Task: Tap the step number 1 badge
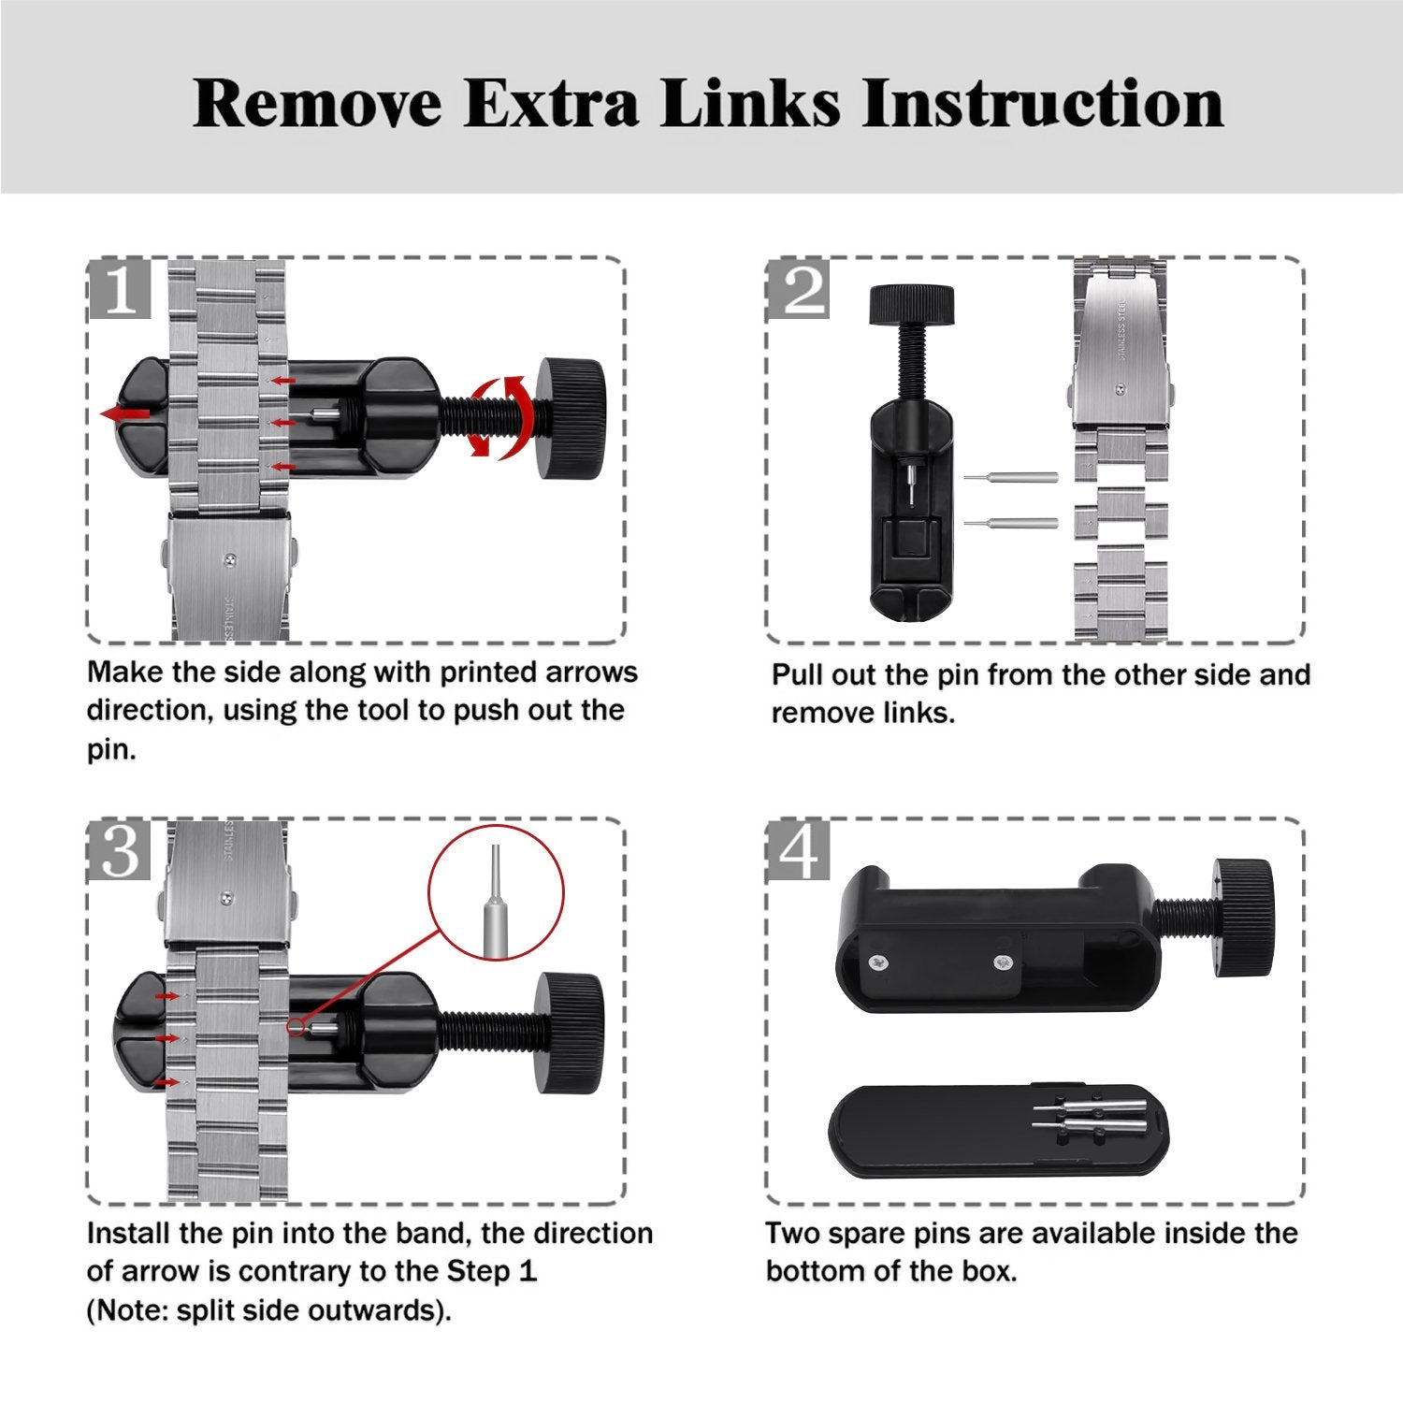120,289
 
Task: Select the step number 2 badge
798,289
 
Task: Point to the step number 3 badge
120,850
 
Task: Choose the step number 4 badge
798,850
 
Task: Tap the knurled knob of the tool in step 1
570,418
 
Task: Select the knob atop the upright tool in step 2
912,305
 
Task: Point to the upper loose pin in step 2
1010,477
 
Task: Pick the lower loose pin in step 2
1010,523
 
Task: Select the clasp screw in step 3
226,897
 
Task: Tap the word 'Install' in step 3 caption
132,1234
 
